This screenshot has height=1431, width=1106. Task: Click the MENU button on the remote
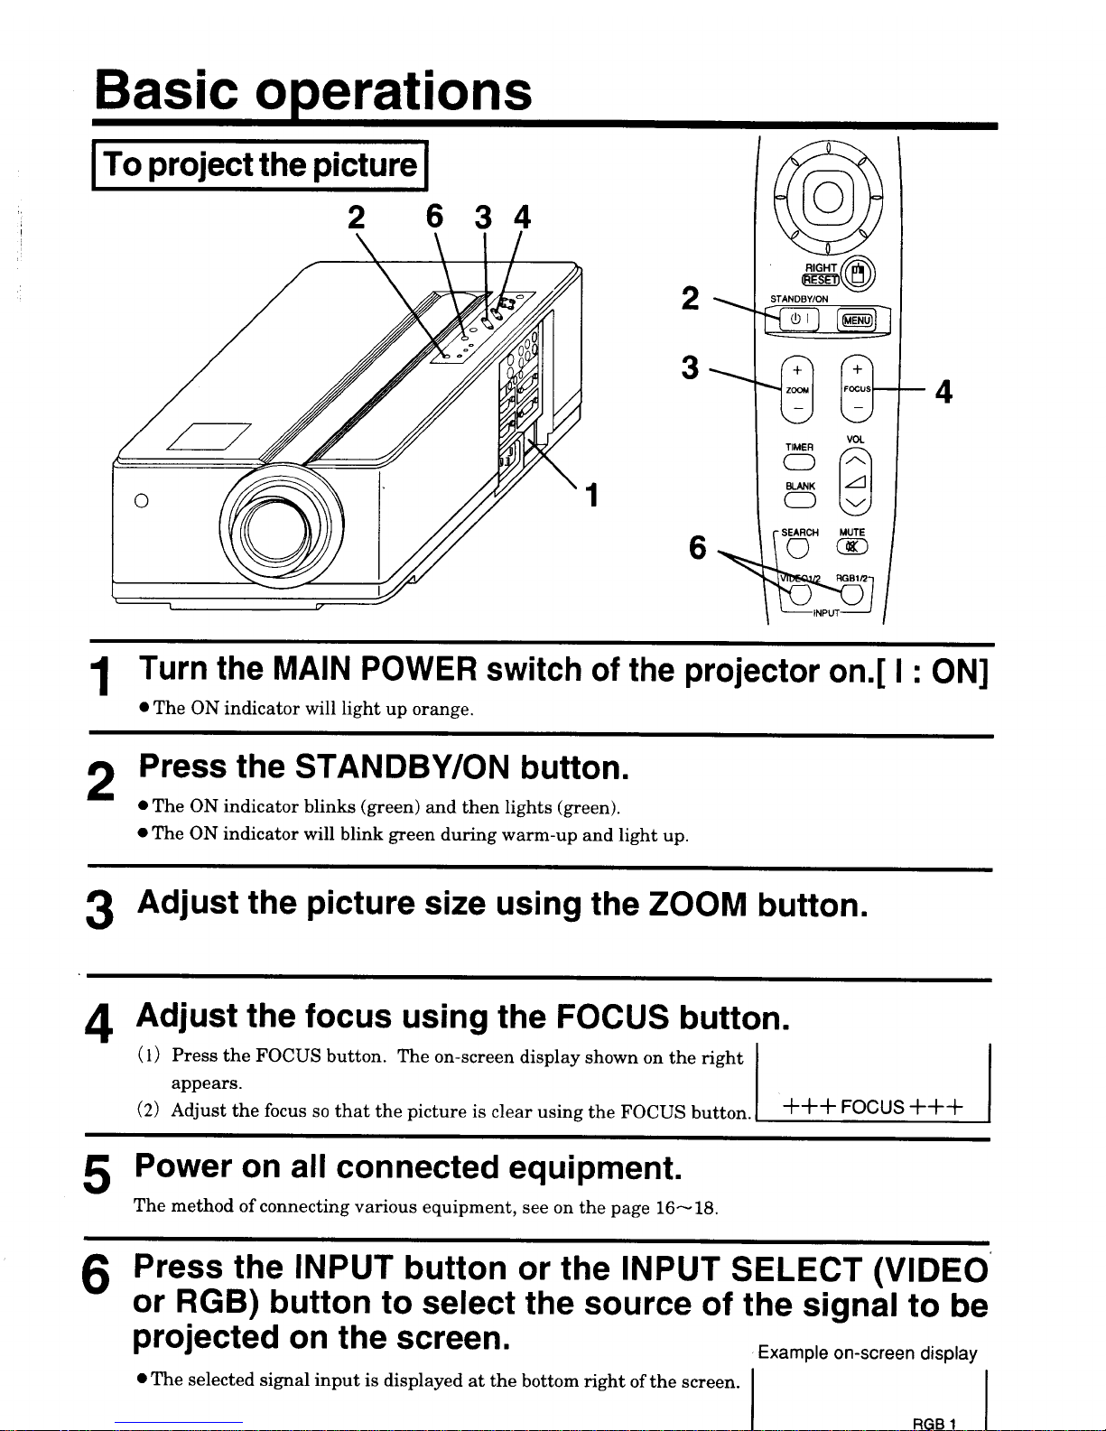point(857,320)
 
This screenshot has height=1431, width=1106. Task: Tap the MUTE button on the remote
point(852,546)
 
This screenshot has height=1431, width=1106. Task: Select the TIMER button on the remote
point(799,464)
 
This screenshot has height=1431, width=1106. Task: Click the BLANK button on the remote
point(799,501)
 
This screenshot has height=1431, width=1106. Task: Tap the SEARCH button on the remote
point(797,546)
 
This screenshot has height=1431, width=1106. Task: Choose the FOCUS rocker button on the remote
point(857,388)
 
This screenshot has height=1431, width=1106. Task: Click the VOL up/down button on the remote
point(855,482)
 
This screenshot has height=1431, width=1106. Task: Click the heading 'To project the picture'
point(260,165)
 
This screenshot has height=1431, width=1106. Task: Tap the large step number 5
point(97,1175)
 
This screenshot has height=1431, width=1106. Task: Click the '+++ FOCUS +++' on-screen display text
point(872,1106)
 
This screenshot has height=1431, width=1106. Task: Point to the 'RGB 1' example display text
point(934,1424)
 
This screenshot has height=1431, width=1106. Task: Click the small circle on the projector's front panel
point(141,500)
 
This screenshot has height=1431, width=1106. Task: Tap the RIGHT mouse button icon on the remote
point(857,274)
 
